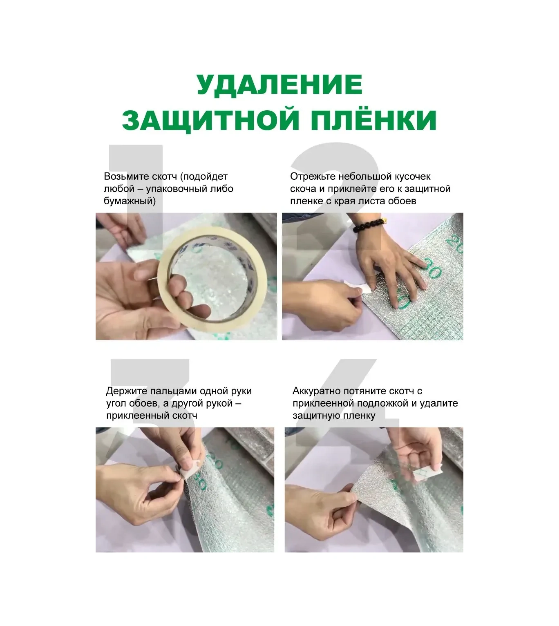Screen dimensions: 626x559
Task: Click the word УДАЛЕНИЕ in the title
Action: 279,85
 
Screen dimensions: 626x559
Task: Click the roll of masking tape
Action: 212,282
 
